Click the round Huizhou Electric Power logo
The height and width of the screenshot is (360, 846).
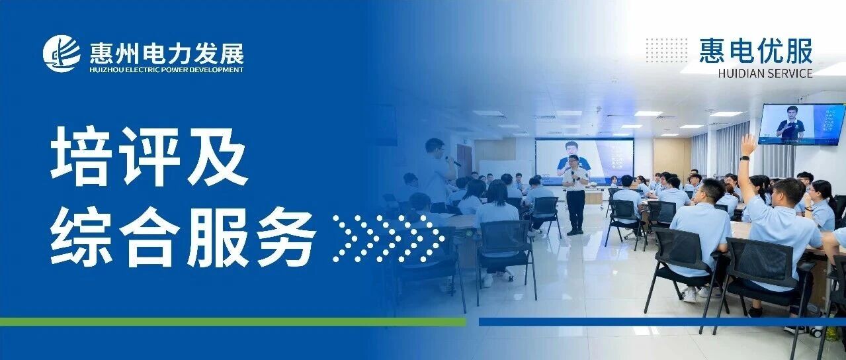(x=62, y=54)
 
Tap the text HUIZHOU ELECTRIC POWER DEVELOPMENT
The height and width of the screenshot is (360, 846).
(x=167, y=70)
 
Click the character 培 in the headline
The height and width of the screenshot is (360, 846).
(x=81, y=156)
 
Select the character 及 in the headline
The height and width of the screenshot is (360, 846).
(x=217, y=156)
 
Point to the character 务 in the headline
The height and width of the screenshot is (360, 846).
(x=286, y=237)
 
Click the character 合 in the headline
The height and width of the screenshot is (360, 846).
(x=149, y=237)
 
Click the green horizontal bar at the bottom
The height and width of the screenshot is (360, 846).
(x=233, y=322)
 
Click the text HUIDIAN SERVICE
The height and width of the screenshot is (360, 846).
(x=765, y=73)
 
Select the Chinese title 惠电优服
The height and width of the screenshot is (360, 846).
(x=756, y=51)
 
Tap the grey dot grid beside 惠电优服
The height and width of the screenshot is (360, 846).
(x=667, y=50)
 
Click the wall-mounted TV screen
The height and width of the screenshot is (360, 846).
(x=802, y=124)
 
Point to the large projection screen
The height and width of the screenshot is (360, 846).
(x=584, y=161)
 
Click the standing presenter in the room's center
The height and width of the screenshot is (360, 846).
(x=575, y=195)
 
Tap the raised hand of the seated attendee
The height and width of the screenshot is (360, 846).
(x=748, y=144)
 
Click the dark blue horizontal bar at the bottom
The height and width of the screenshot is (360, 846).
(x=662, y=322)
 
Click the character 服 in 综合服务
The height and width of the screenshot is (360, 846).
(x=218, y=237)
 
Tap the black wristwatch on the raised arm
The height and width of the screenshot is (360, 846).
(x=744, y=158)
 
